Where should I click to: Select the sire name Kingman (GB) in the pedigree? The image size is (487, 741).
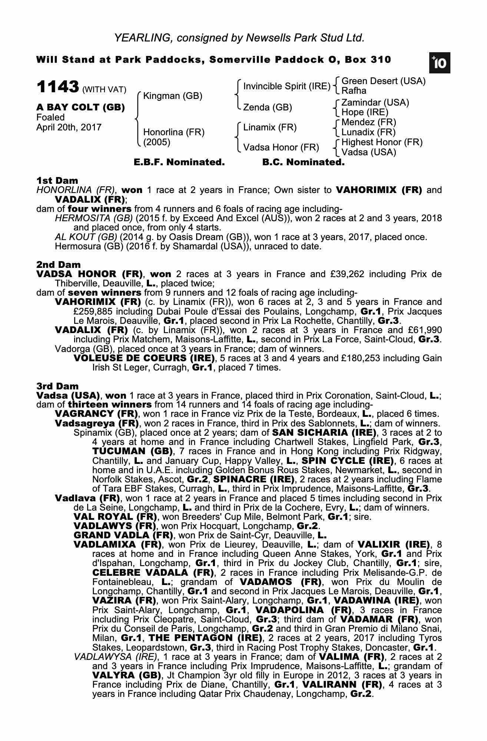[x=173, y=96]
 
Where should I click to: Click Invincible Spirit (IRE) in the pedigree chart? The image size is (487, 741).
[x=286, y=86]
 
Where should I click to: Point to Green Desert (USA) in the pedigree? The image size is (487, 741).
[x=383, y=81]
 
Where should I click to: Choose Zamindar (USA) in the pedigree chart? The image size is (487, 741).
[x=375, y=103]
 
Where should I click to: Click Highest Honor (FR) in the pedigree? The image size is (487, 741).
[x=382, y=142]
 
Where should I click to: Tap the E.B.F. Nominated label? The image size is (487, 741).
[x=179, y=162]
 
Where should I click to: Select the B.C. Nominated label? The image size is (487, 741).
[x=303, y=162]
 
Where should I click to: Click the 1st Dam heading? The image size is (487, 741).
[x=57, y=180]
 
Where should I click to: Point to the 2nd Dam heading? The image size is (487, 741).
[x=59, y=265]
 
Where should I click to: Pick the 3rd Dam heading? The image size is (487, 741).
[x=58, y=386]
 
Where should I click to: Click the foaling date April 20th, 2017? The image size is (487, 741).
[x=69, y=127]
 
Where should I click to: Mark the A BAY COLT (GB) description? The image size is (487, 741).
[x=80, y=107]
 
